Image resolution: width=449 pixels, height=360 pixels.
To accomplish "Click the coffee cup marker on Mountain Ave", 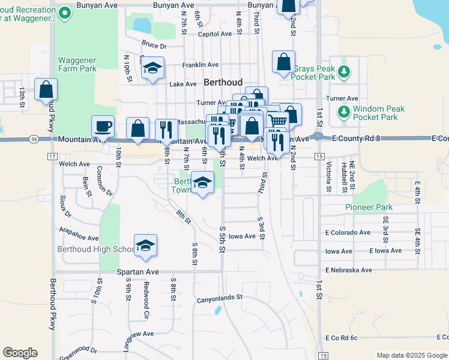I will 103,126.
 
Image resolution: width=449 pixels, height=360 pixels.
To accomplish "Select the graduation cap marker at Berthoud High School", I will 145,245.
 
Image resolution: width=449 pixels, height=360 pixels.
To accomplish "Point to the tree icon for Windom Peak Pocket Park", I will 344,112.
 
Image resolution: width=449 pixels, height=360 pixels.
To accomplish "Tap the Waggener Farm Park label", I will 77,64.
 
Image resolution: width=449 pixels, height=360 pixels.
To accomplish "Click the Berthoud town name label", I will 223,82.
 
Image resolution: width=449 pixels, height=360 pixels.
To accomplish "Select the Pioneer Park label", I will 369,207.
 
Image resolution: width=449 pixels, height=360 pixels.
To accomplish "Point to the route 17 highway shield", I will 52,156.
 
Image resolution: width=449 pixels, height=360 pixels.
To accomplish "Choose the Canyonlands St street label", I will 219,296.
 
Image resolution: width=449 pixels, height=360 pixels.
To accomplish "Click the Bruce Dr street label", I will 154,44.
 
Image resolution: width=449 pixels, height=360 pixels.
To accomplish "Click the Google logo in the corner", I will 20,353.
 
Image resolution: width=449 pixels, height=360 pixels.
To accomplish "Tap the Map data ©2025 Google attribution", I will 411,355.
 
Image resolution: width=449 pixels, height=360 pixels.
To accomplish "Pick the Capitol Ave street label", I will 214,34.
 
